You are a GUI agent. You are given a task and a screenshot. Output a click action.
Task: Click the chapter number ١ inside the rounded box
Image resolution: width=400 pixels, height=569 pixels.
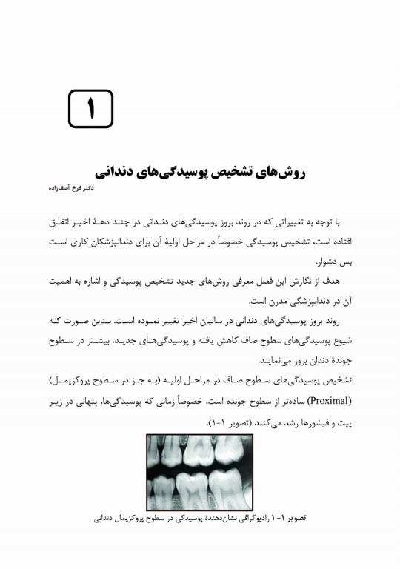click(x=92, y=109)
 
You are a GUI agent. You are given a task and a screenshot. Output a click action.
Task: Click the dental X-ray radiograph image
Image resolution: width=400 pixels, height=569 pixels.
click(x=200, y=472)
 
